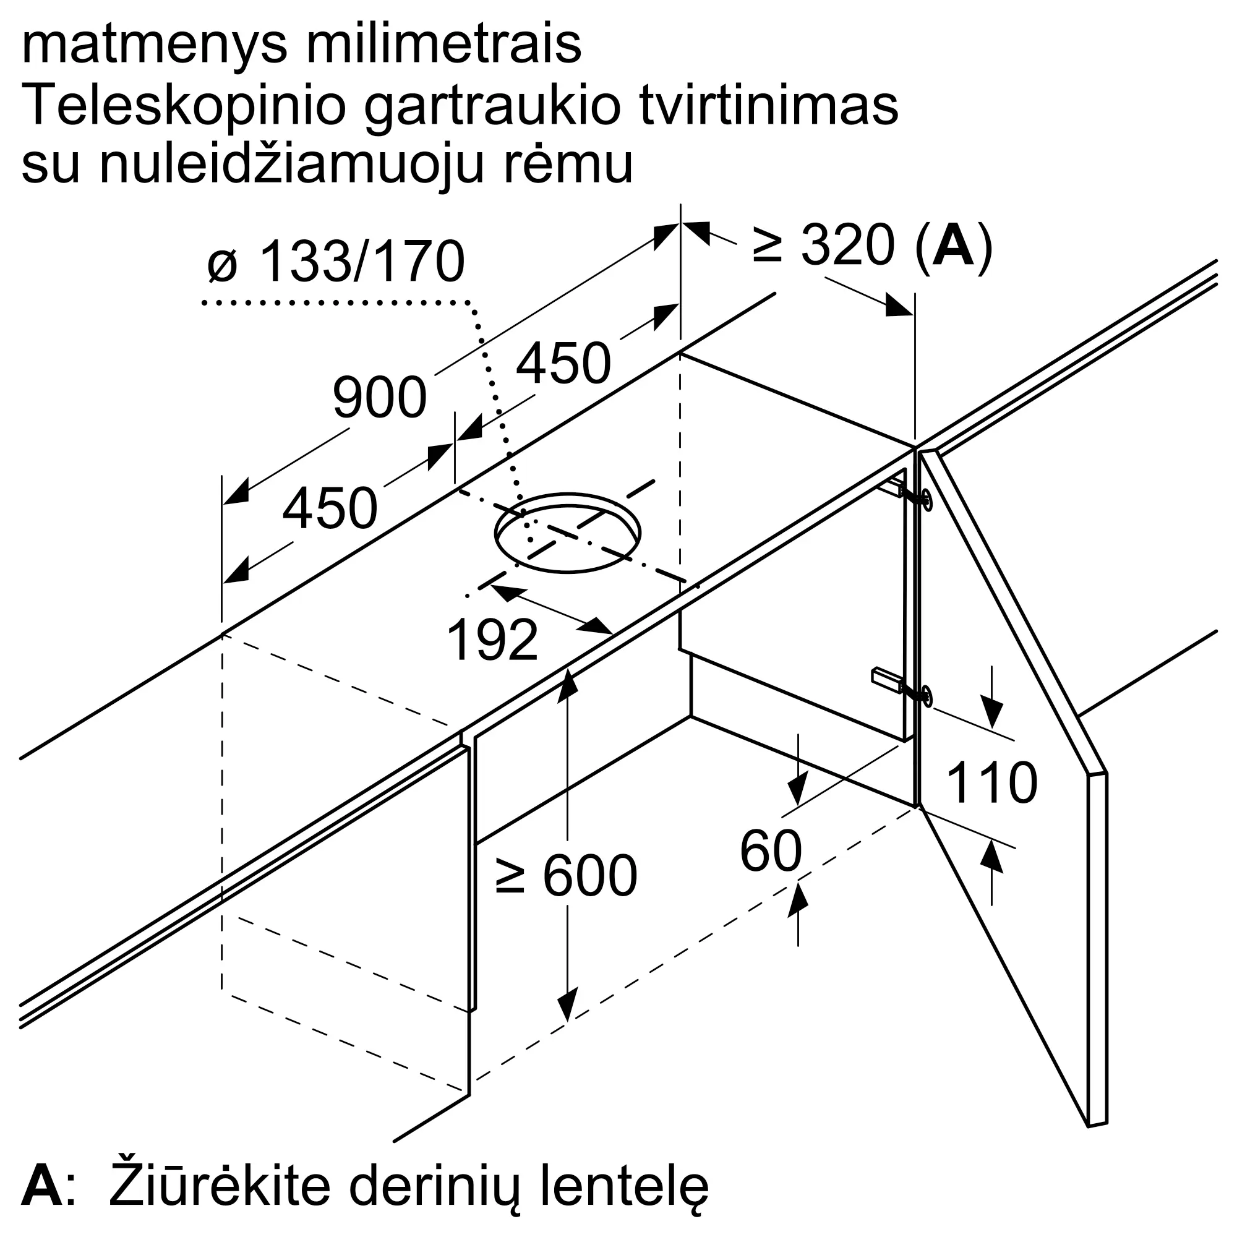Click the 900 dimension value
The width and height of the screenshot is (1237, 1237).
pos(380,398)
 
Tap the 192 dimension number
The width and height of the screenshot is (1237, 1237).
pos(492,640)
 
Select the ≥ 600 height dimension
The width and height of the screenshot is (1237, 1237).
pos(567,875)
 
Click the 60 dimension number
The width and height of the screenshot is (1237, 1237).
pos(771,851)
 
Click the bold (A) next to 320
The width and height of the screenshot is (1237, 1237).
pos(954,246)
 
